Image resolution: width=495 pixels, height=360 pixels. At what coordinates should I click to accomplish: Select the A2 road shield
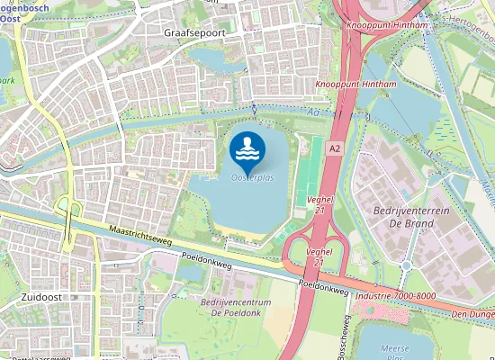click(x=335, y=147)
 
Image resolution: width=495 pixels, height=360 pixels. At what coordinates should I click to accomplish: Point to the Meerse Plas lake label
click(x=396, y=352)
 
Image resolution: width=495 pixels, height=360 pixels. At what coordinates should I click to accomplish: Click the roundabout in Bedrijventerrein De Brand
click(x=405, y=265)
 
